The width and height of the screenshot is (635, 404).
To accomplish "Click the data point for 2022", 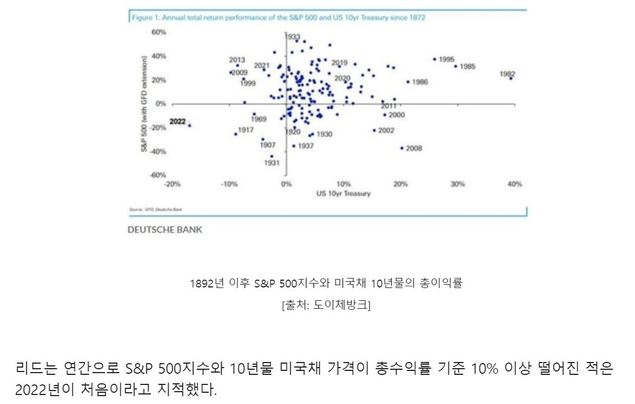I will (x=190, y=126).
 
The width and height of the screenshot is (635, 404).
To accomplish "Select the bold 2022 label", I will (x=177, y=121).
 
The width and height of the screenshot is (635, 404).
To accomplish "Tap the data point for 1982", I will (x=511, y=78).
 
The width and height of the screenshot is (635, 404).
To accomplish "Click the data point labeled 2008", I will (x=402, y=148).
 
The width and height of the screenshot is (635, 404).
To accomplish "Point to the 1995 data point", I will (x=434, y=59).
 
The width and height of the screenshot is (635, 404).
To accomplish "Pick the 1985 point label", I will (x=467, y=66).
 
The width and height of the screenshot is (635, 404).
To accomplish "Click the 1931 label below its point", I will (x=272, y=163).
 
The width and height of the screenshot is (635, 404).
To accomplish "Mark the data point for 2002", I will (x=374, y=131).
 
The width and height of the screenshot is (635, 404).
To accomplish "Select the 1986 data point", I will (x=408, y=82).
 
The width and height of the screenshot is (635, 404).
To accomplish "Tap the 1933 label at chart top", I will (x=293, y=36).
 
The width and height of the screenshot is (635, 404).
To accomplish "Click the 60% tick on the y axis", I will (x=159, y=32).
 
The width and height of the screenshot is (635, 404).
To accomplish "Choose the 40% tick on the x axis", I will (x=514, y=184).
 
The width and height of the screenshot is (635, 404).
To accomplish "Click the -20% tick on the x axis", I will (x=172, y=184).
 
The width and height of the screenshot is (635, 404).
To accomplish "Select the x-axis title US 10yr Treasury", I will (x=343, y=193).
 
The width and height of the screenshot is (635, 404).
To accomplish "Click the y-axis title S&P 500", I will (x=144, y=104).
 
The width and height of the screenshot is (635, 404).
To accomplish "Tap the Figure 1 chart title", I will (x=278, y=17).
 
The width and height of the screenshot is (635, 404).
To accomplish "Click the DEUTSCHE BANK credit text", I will (x=165, y=230).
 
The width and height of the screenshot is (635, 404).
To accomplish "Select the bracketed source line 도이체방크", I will (x=326, y=305).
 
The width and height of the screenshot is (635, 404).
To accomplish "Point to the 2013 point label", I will (x=237, y=60).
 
